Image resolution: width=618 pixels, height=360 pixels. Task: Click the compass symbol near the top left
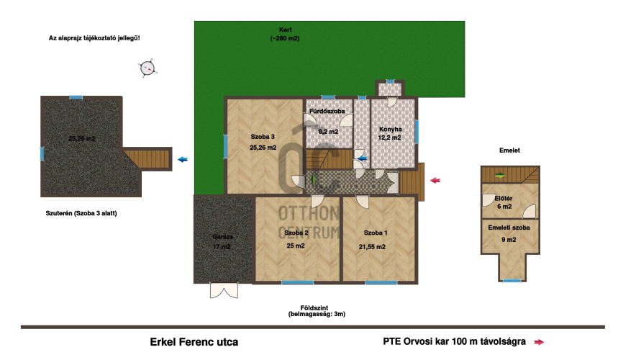[147, 68]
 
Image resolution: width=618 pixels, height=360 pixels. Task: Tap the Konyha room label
[390, 129]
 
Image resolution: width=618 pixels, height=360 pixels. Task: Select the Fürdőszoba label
[327, 111]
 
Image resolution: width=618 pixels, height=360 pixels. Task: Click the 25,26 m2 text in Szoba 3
[263, 148]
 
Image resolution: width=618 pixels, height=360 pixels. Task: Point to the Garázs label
[223, 237]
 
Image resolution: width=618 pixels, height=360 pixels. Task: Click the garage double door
[224, 291]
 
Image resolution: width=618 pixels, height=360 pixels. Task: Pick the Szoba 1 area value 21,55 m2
[372, 247]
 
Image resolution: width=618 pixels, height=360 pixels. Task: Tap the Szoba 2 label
[296, 233]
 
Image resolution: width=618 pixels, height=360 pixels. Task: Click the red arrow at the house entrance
[435, 180]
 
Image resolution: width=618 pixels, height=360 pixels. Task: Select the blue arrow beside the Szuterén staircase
[183, 160]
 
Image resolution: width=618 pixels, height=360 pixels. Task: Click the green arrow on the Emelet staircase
[500, 176]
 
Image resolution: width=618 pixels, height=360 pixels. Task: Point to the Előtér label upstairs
[504, 198]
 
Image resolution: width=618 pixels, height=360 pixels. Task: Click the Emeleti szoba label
[509, 228]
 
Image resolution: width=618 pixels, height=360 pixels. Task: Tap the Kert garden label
[286, 30]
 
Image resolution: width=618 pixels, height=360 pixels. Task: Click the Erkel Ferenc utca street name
[194, 342]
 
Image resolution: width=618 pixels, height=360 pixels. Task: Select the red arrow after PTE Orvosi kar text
[539, 342]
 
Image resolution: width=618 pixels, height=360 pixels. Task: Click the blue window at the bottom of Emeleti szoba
[512, 281]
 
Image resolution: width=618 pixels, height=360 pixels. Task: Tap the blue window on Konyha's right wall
[417, 132]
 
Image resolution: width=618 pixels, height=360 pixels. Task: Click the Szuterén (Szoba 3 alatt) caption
[81, 213]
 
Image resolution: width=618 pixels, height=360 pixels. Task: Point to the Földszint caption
[314, 308]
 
